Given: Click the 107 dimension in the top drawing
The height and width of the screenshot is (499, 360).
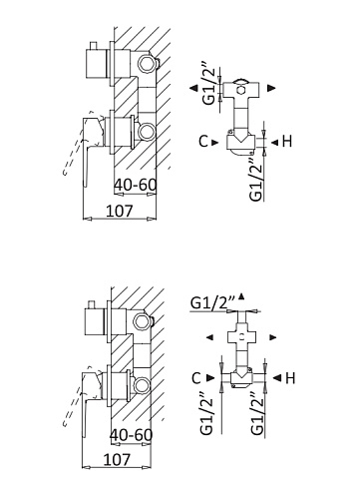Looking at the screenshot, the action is pos(119,211).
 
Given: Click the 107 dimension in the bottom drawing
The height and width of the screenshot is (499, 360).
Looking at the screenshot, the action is pos(117,459).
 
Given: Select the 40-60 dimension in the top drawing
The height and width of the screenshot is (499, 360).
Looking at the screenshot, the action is pos(135,185).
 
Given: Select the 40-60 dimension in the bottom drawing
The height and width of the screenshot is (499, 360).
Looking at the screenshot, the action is pos(131,434).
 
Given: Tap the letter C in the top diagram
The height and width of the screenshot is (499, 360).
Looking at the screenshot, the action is pos(203,142).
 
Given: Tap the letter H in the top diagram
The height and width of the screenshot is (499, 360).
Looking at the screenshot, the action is pos(287,142).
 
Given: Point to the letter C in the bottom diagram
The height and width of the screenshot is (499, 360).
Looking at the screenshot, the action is pos(196,378).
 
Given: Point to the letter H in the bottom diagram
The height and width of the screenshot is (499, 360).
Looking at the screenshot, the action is pos(290,378).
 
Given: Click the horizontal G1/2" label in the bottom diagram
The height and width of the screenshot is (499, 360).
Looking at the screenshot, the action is pos(213,302).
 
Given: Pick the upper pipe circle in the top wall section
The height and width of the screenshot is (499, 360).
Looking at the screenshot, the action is pos(147,63).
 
